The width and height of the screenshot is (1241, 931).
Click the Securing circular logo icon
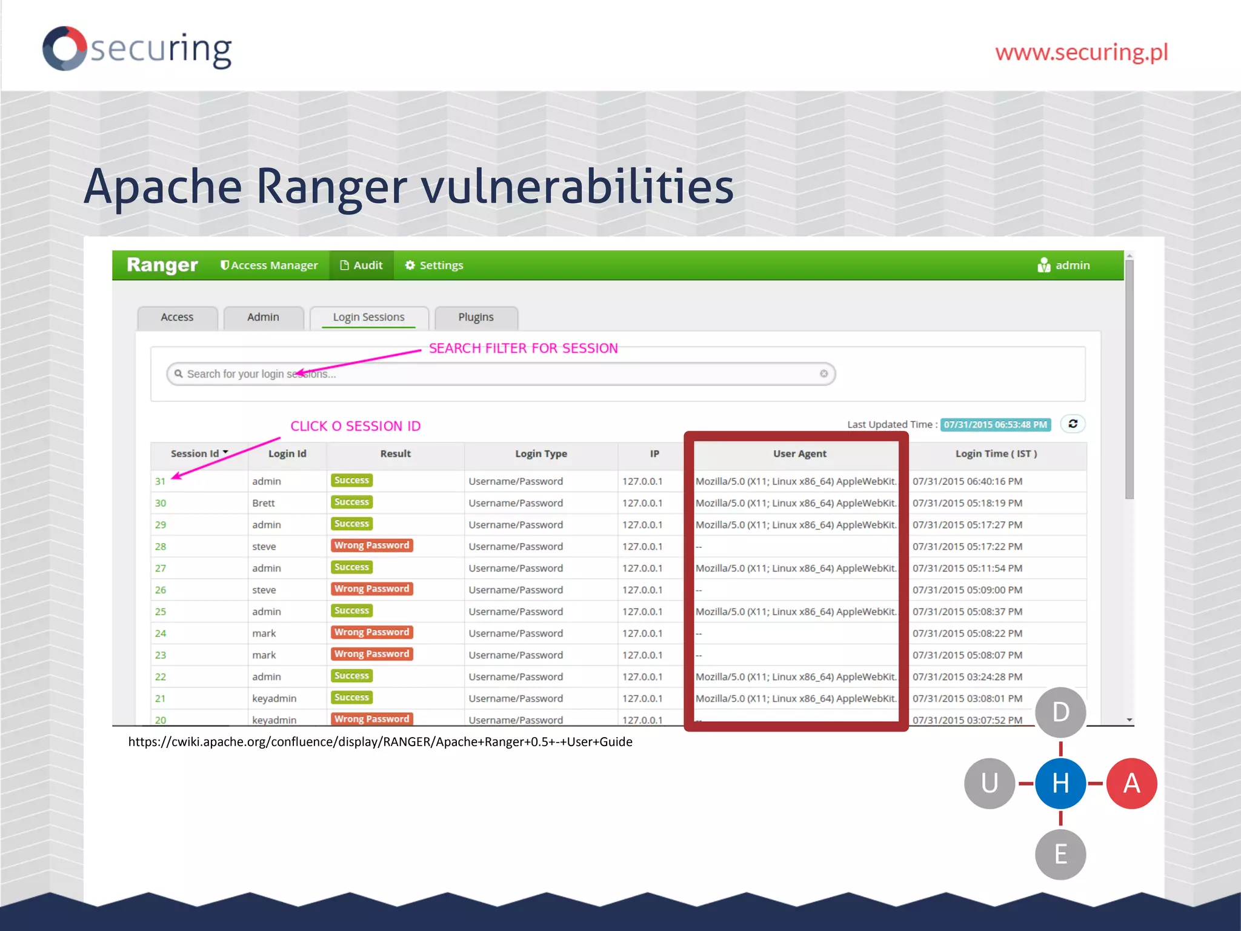click(64, 48)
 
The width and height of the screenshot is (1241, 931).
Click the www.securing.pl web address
click(1081, 52)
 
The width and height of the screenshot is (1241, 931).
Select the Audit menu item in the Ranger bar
click(362, 265)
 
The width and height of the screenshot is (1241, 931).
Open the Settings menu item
click(434, 265)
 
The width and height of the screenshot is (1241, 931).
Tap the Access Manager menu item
click(269, 265)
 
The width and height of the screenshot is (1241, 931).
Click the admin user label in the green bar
click(1064, 265)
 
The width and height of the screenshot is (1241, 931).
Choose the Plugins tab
click(476, 317)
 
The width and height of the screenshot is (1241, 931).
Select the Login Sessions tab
click(368, 317)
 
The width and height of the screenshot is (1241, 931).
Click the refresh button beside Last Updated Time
click(1073, 424)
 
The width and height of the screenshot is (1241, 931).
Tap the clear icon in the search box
click(823, 374)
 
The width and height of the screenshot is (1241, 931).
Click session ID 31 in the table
click(160, 481)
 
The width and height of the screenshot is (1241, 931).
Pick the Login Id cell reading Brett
click(264, 503)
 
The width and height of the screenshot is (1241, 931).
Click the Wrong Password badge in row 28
click(371, 546)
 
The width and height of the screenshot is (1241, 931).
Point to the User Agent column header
click(799, 453)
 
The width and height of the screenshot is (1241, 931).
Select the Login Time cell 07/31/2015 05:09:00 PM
click(967, 590)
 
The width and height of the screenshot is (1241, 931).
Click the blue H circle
click(1060, 783)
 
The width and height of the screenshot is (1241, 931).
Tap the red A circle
click(1131, 783)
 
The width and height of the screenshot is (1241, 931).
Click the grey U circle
click(990, 783)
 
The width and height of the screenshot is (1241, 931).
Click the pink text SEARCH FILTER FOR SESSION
click(523, 349)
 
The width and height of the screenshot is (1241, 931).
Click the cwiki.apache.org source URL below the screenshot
click(380, 742)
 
